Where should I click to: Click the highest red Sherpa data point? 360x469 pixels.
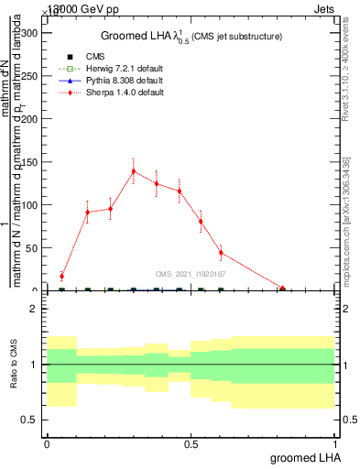(x=134, y=171)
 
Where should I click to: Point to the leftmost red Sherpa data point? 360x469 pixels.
(x=61, y=276)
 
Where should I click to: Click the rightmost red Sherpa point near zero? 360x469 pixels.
(x=282, y=289)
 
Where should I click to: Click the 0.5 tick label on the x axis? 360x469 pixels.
(x=191, y=445)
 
